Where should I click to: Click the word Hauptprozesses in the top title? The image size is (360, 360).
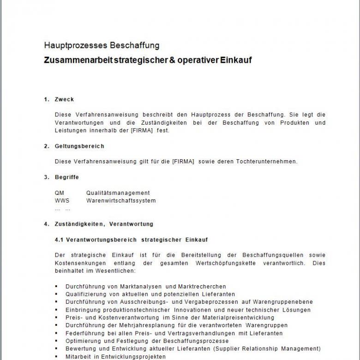pos(76,45)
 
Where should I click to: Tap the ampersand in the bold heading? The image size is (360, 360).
pos(166,60)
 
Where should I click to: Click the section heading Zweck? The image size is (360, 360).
pos(64,99)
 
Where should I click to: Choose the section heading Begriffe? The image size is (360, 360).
pos(67,177)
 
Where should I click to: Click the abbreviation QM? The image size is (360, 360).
pos(60,193)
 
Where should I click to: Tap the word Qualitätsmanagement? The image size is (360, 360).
pos(118,193)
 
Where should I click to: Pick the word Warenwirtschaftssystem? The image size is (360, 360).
pos(121,201)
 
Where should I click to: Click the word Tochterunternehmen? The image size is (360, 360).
pos(266,162)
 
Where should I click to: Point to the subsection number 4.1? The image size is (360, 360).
pos(60,240)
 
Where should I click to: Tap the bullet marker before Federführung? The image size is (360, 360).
pos(56,333)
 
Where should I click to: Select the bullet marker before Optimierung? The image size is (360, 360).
pos(56,341)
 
